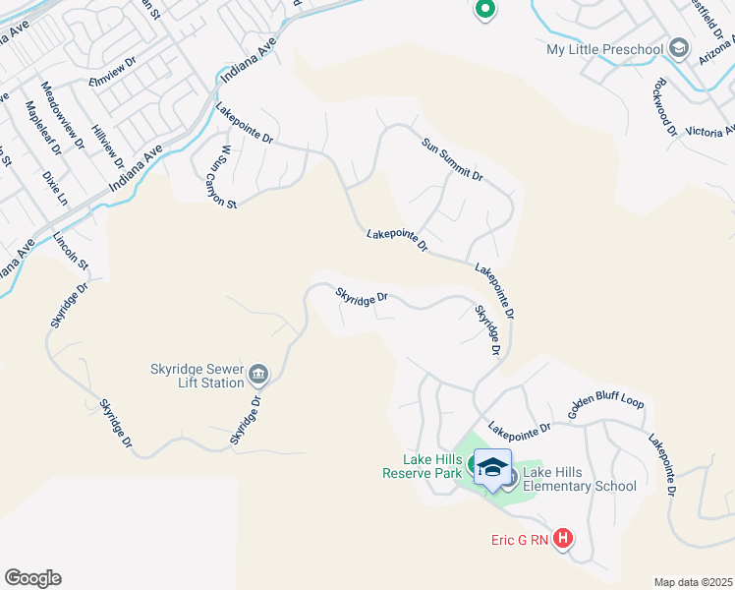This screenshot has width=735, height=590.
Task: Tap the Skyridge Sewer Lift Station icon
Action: click(x=258, y=373)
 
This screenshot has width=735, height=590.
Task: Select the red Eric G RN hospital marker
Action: click(x=563, y=538)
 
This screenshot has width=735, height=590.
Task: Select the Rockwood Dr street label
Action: click(x=664, y=106)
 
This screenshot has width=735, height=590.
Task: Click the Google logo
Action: click(x=32, y=578)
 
